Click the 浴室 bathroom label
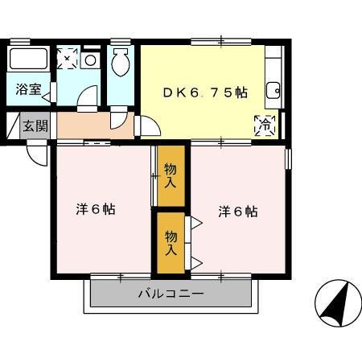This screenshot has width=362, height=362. (28, 89)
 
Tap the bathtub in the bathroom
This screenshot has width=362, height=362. (29, 60)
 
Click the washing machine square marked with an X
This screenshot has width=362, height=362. (68, 58)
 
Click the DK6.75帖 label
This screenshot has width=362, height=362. (206, 92)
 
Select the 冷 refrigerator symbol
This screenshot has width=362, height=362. (265, 125)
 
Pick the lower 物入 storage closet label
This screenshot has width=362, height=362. (171, 242)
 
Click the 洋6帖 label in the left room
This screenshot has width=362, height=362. (95, 209)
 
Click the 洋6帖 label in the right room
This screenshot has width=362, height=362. (237, 212)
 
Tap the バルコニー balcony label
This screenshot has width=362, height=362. (170, 294)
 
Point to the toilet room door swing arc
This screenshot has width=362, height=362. (117, 119)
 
